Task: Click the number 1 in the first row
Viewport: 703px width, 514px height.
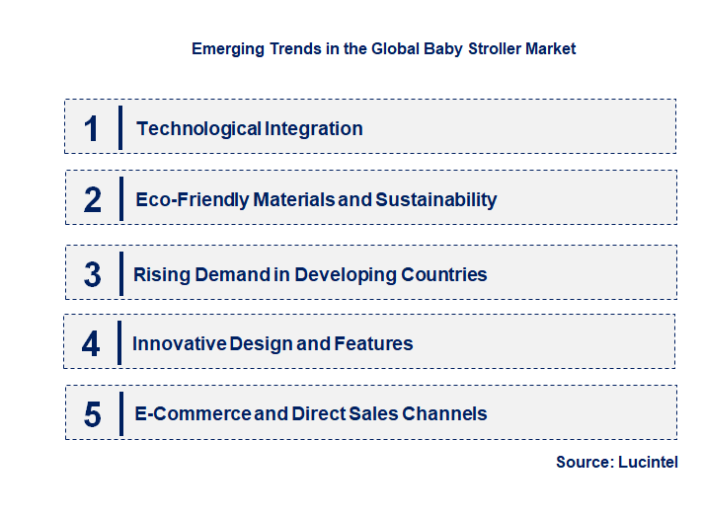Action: click(x=92, y=128)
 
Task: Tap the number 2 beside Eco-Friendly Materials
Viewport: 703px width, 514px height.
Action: click(x=93, y=200)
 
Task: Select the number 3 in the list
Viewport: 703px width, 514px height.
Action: click(x=93, y=274)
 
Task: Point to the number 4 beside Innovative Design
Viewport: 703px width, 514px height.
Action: click(x=92, y=343)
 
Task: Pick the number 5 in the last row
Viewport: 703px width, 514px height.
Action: click(x=93, y=414)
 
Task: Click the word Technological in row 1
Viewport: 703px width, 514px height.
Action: click(x=186, y=128)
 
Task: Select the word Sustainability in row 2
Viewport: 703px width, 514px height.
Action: click(x=435, y=200)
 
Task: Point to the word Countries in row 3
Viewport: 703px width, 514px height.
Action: click(x=443, y=274)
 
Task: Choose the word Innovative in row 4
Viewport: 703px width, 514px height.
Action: click(x=179, y=343)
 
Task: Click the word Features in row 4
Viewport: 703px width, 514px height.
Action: click(x=373, y=343)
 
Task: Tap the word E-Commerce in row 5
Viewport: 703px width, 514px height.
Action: click(x=193, y=414)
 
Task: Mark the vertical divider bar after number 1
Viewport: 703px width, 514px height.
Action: click(x=119, y=128)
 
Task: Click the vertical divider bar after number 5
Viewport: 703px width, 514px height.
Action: click(x=119, y=412)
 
